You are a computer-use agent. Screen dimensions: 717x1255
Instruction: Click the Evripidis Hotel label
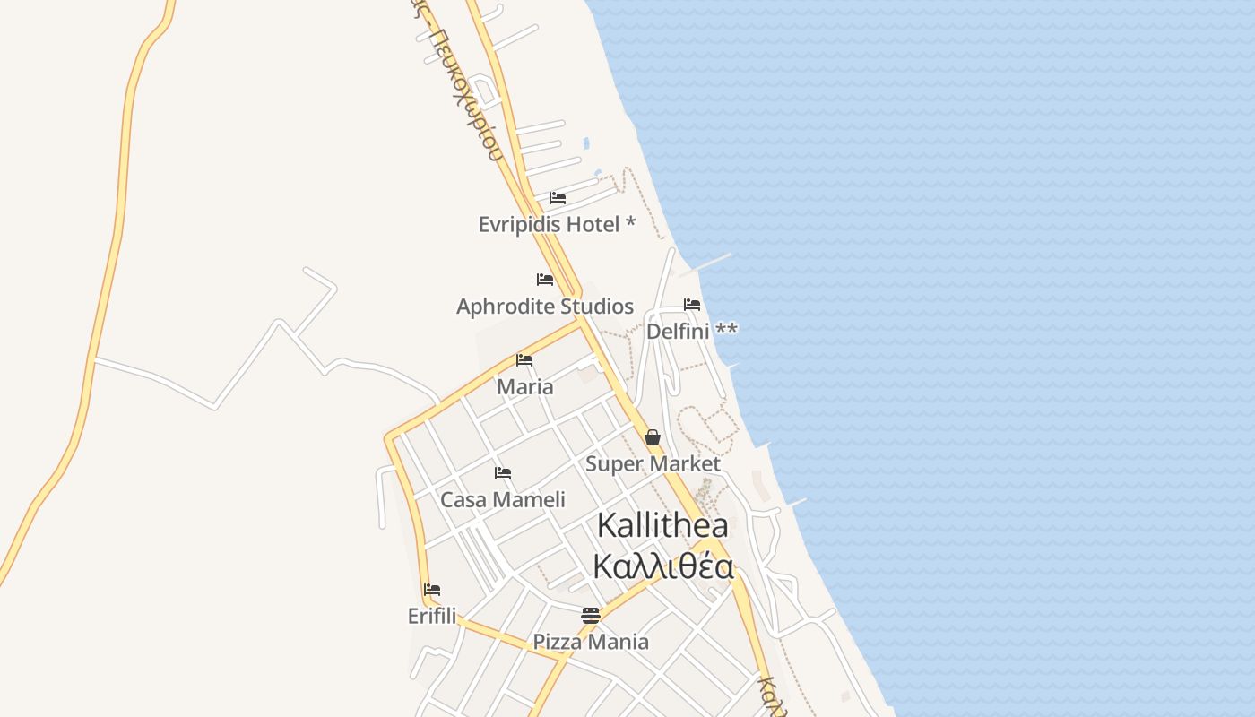[x=557, y=224]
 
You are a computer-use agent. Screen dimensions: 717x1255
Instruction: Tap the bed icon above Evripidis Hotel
[x=558, y=197]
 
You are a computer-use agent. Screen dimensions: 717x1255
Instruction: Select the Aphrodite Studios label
[x=545, y=307]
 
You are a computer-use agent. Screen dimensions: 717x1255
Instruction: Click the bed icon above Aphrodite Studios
[x=545, y=280]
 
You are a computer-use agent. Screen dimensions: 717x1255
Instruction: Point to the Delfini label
[x=691, y=331]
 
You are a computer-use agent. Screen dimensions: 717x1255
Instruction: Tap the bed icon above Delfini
[x=692, y=305]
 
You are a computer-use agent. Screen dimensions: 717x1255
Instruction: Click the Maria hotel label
[x=525, y=387]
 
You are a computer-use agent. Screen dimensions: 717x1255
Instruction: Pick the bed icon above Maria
[x=524, y=360]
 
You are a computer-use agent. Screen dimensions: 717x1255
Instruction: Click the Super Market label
[x=653, y=464]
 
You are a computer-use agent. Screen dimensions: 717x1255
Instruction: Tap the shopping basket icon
[x=653, y=437]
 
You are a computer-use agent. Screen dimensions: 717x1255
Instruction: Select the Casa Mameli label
[x=503, y=499]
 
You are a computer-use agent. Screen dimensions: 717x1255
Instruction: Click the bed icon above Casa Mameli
[x=503, y=473]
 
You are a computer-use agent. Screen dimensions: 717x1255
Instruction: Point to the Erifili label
[x=432, y=617]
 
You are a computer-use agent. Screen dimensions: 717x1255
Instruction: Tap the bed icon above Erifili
[x=432, y=590]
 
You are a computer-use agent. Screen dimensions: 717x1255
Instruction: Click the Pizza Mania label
[x=591, y=642]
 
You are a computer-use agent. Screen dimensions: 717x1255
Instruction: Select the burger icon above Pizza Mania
[x=590, y=616]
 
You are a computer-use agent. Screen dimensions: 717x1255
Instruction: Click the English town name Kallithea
[x=662, y=526]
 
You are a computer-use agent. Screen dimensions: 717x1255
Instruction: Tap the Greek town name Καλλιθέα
[x=662, y=567]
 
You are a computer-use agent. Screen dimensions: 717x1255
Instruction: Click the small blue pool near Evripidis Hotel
[x=586, y=143]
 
